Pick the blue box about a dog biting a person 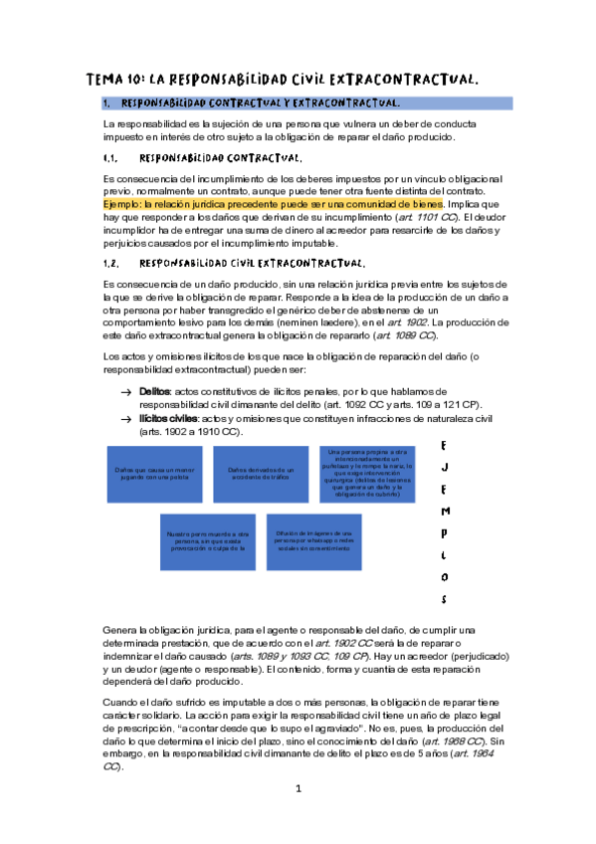(207, 539)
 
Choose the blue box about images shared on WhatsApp (314, 539)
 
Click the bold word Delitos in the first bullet (154, 392)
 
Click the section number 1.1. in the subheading (111, 158)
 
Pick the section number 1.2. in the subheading (111, 264)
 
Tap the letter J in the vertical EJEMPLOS (444, 464)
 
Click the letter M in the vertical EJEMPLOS (444, 510)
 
